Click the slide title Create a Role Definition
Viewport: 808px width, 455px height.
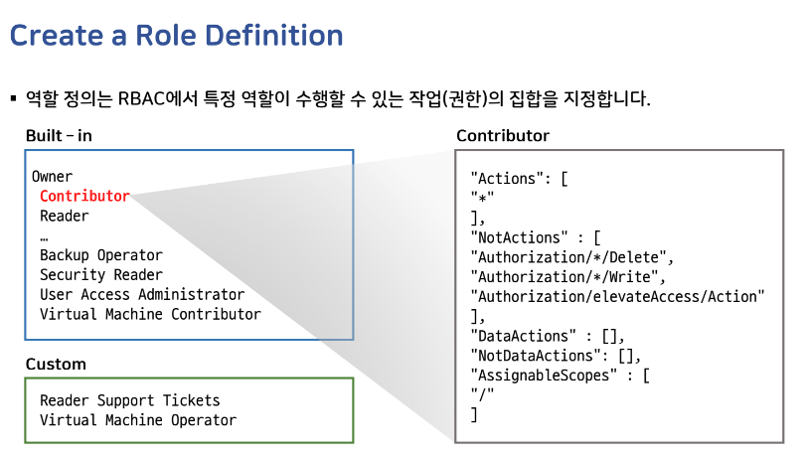point(176,36)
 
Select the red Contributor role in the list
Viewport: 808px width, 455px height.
point(84,197)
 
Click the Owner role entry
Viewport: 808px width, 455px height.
point(52,177)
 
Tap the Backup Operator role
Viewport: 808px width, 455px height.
point(100,255)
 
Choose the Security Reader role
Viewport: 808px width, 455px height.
point(100,275)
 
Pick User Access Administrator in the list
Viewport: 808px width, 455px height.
point(141,295)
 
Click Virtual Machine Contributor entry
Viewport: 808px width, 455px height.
point(150,315)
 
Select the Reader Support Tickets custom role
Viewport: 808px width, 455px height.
point(129,400)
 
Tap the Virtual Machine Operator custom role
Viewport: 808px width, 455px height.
point(137,420)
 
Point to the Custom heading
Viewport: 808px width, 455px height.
point(56,365)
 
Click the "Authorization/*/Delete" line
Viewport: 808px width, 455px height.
point(574,257)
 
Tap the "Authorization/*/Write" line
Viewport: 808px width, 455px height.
point(570,277)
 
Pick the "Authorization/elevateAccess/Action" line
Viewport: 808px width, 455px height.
point(620,297)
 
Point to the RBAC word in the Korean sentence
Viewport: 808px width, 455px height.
point(144,99)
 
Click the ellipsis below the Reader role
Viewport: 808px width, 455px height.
point(45,236)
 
